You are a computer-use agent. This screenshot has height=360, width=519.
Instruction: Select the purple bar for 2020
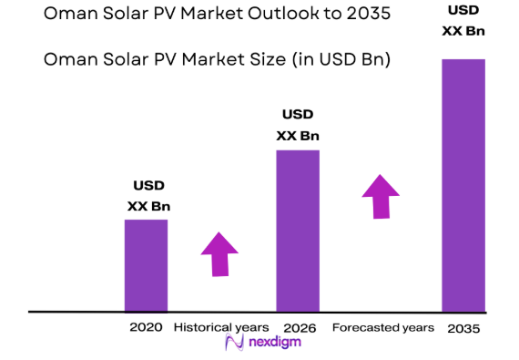146,265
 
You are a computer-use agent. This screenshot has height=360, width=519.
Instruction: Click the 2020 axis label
146,327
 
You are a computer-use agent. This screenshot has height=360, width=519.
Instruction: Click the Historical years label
220,327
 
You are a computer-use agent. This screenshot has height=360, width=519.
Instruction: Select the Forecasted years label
382,327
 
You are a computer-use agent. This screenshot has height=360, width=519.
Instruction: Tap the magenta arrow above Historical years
219,253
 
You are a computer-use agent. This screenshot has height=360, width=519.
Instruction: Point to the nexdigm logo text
272,344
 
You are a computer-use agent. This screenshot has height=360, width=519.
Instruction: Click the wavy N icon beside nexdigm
233,343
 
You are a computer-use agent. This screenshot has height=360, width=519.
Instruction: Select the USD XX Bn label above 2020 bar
148,196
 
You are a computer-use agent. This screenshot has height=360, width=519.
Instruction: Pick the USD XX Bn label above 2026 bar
298,126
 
